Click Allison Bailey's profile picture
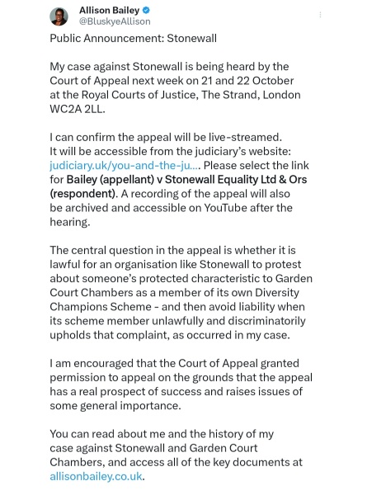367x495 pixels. pos(60,16)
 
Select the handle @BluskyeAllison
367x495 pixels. pos(111,22)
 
